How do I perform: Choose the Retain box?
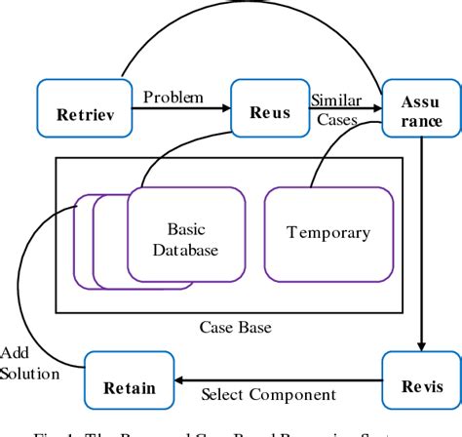[x=120, y=387]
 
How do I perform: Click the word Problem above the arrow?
[x=173, y=97]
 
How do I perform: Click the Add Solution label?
[x=28, y=362]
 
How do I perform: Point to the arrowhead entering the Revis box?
[x=421, y=344]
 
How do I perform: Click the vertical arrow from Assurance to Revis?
[x=421, y=244]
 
